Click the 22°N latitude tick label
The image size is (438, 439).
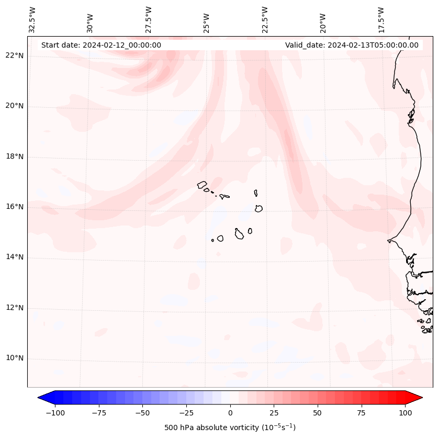coord(14,55)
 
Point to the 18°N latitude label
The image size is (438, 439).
coord(14,156)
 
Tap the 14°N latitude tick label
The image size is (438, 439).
coord(14,257)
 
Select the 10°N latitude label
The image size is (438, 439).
coord(14,358)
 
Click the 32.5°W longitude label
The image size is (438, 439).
coord(32,19)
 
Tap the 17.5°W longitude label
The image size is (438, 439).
coord(381,19)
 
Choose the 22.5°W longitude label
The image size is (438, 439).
coord(265,19)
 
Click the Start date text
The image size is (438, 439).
coord(101,45)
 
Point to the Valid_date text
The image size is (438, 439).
coord(352,45)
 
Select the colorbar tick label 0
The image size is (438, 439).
coord(230,413)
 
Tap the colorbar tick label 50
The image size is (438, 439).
coord(317,413)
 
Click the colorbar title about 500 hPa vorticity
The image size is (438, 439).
coord(230,427)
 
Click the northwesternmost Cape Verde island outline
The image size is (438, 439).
coord(202,184)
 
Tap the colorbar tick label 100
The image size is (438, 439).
coord(405,413)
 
